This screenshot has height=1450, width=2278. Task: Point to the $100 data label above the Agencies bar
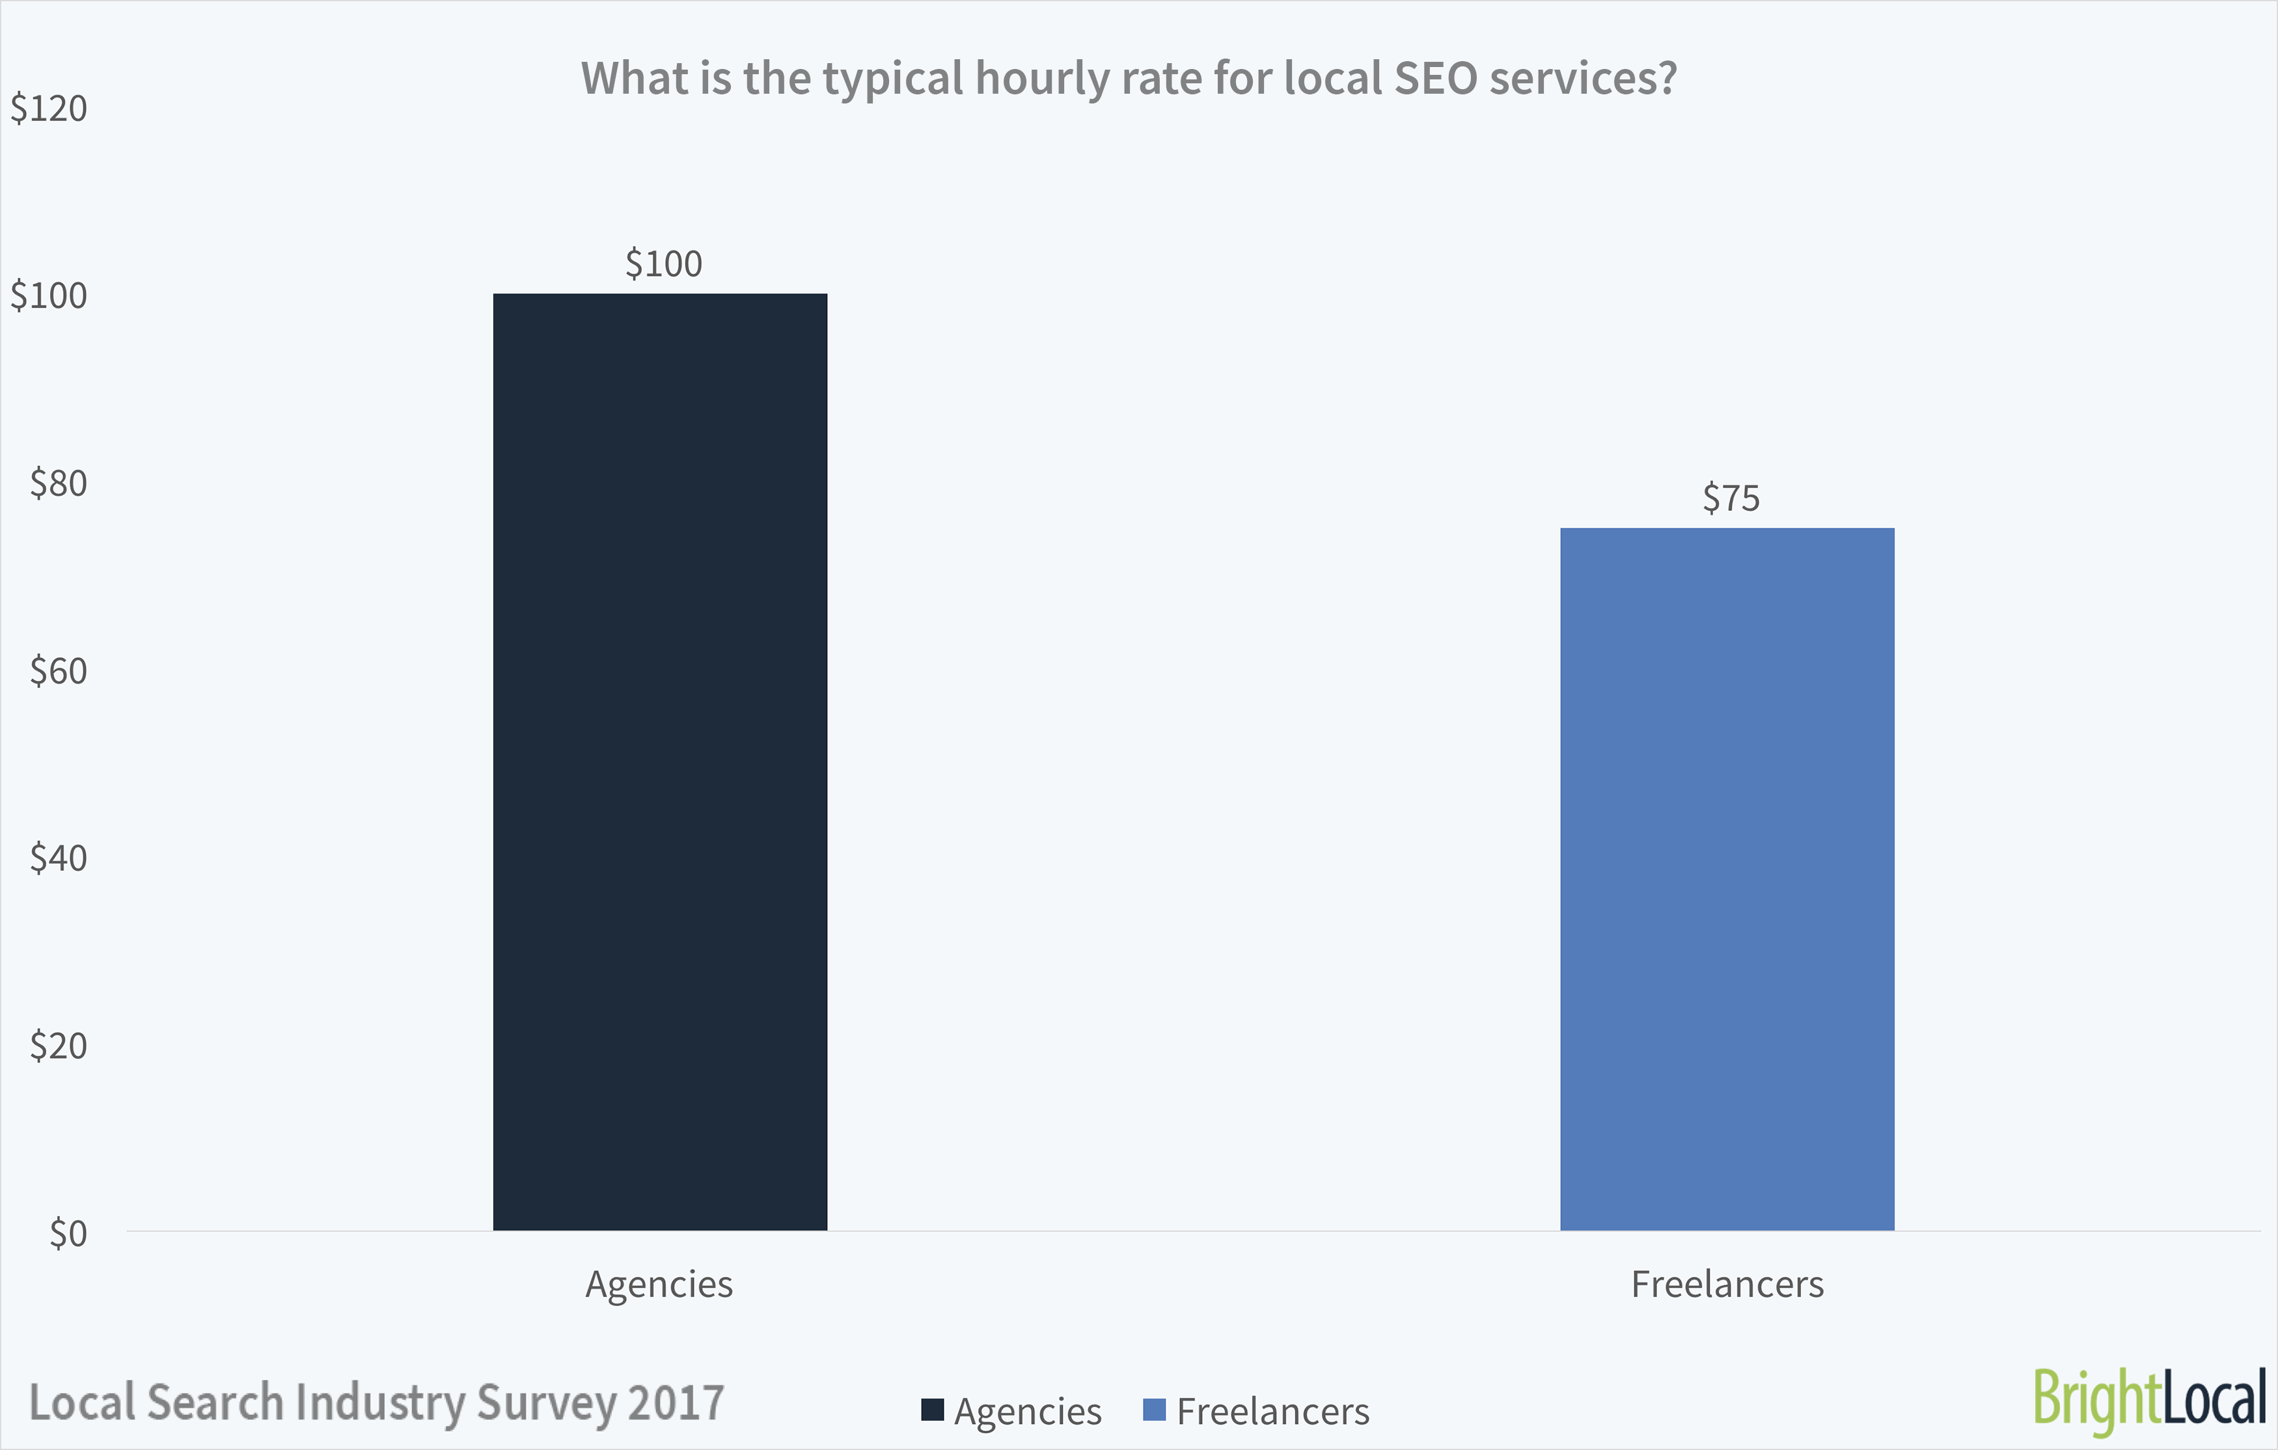[663, 264]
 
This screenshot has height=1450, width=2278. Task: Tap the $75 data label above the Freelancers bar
[1730, 499]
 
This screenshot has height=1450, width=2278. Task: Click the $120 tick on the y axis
[49, 109]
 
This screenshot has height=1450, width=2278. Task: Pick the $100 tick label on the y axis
[49, 296]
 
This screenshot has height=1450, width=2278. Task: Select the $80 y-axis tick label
[59, 484]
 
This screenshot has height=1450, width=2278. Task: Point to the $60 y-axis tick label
[59, 670]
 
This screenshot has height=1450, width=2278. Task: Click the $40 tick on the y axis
[59, 858]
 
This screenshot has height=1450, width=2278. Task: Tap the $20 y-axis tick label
[59, 1045]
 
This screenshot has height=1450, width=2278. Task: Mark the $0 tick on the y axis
[68, 1233]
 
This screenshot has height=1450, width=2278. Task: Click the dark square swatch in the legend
[933, 1410]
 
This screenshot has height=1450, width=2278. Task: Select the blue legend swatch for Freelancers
[1154, 1410]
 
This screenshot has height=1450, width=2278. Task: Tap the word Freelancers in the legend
[1272, 1411]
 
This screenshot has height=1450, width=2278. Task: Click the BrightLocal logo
[2149, 1399]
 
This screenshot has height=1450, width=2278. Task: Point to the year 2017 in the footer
[676, 1402]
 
